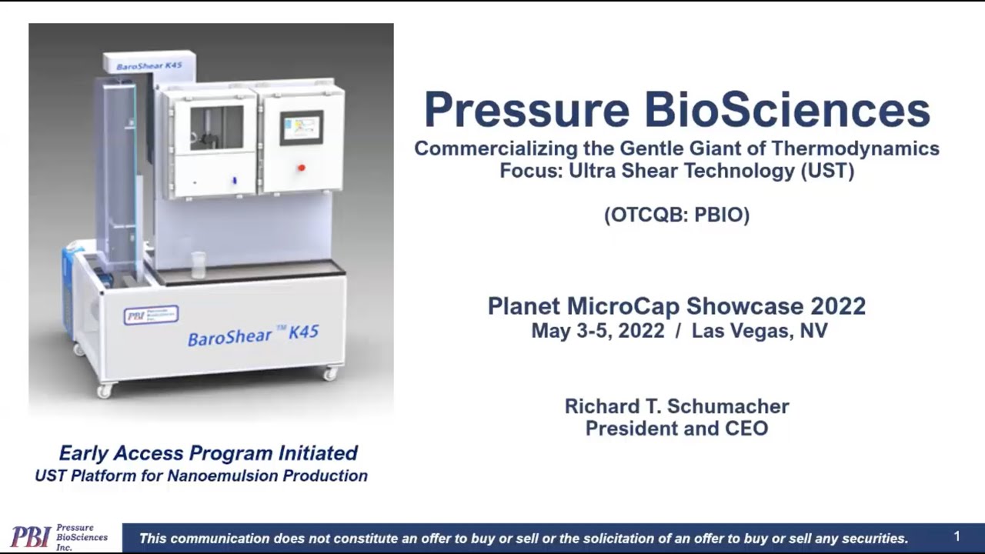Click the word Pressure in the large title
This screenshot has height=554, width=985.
(x=527, y=110)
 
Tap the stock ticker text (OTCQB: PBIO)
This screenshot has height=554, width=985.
(x=676, y=215)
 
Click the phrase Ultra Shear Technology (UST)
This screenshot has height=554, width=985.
(x=712, y=171)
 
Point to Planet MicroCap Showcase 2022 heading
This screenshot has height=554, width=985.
(x=676, y=306)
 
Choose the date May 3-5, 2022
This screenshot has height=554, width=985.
(x=597, y=332)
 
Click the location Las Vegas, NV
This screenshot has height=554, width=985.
(x=759, y=332)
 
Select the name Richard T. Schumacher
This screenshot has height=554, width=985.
(x=676, y=406)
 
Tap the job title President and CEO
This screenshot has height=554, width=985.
(x=676, y=429)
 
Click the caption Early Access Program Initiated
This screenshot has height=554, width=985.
(x=209, y=453)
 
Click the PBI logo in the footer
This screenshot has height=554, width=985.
(x=31, y=537)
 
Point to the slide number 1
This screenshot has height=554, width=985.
(x=957, y=536)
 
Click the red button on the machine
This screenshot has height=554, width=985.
(x=301, y=168)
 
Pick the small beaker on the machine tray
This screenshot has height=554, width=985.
(x=198, y=265)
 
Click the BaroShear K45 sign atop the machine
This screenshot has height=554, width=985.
(x=149, y=65)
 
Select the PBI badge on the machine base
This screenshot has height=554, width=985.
(x=151, y=315)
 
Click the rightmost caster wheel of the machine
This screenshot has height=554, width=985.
(x=330, y=374)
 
